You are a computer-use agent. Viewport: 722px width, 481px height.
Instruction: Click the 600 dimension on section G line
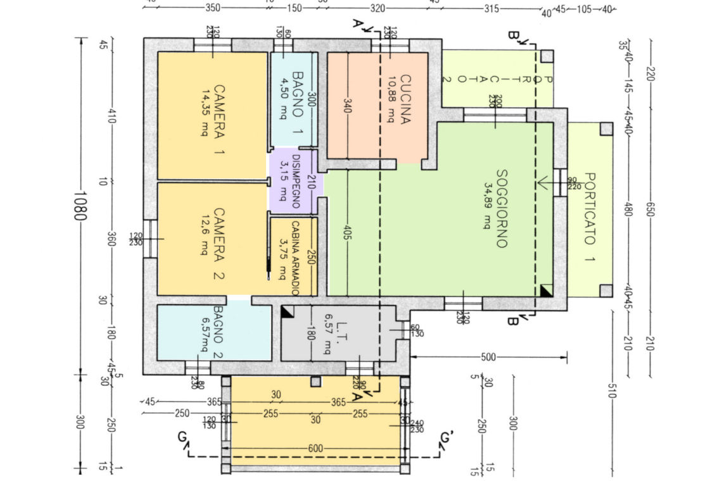[315, 448]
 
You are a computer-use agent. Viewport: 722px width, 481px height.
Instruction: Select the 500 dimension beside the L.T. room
[488, 358]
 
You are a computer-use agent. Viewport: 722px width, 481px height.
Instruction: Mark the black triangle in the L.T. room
[286, 311]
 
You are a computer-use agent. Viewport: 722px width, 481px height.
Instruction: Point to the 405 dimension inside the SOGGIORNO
[348, 232]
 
